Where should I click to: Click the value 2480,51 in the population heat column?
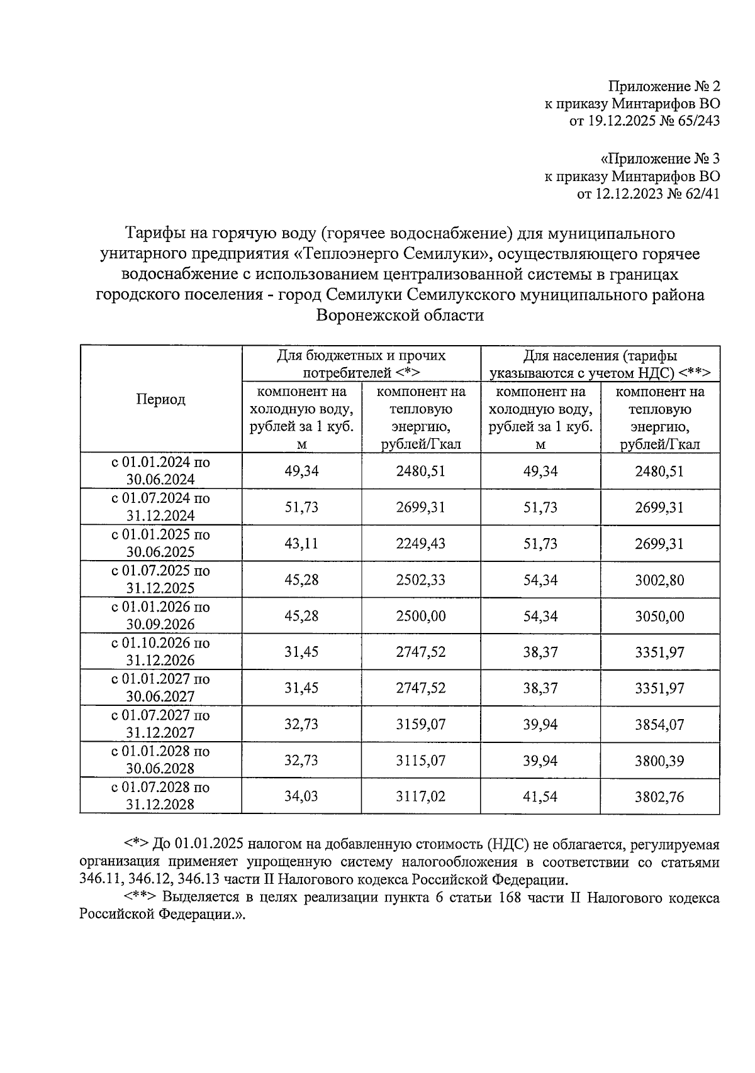click(x=659, y=471)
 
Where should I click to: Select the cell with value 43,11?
click(x=301, y=544)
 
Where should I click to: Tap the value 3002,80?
click(x=659, y=580)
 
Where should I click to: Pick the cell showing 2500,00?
click(x=420, y=616)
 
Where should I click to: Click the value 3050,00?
click(x=659, y=616)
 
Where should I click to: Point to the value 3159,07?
click(x=420, y=725)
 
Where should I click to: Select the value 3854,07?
click(x=659, y=725)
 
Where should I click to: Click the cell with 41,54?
click(x=540, y=797)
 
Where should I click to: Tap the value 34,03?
click(x=301, y=797)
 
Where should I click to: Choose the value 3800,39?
click(x=659, y=761)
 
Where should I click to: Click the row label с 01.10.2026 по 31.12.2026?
click(x=160, y=652)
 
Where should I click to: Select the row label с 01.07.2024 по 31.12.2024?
click(x=160, y=507)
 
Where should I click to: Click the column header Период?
click(x=160, y=400)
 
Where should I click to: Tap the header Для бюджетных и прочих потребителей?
click(x=361, y=364)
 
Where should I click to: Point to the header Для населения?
click(x=600, y=364)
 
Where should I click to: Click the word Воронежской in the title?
click(x=364, y=316)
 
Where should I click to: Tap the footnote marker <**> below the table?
click(x=140, y=898)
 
